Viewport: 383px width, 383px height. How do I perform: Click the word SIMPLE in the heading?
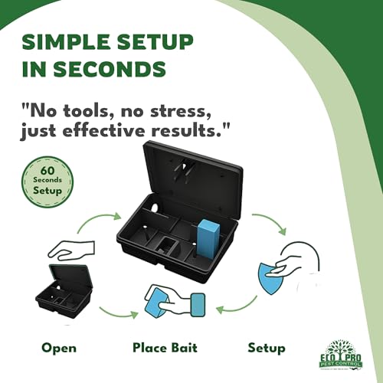pos(61,39)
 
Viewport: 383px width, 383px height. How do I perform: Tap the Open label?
pos(59,348)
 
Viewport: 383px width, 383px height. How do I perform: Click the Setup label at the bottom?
pos(267,348)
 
